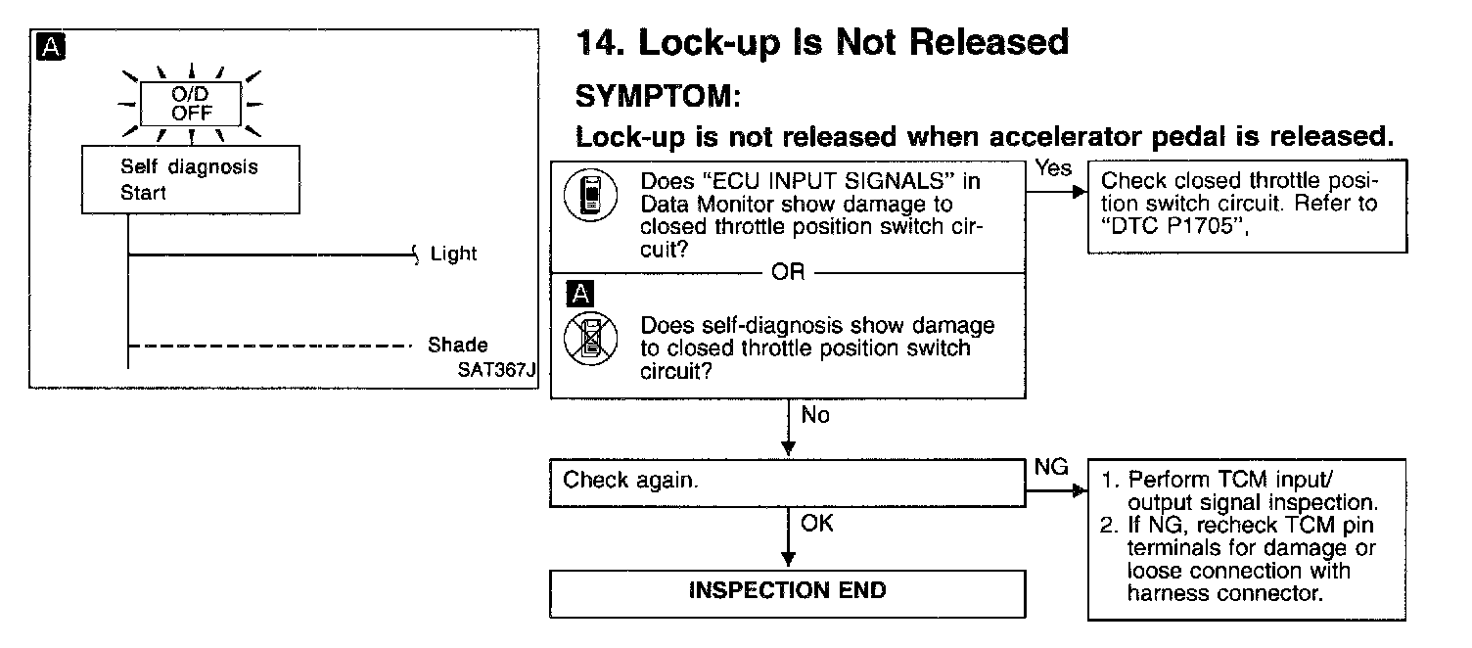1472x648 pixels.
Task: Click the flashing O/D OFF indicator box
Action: (x=192, y=103)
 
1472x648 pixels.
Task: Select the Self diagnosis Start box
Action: (x=190, y=180)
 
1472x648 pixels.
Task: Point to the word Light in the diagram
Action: (x=453, y=255)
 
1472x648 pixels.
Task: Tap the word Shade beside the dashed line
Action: (x=457, y=346)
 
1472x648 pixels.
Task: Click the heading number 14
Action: (x=594, y=43)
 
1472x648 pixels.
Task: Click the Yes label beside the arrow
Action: (x=1053, y=168)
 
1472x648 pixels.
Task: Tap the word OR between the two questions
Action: (x=788, y=273)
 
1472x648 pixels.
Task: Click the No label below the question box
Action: (x=815, y=415)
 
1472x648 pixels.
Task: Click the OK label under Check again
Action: (x=816, y=524)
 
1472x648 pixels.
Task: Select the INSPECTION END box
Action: (x=787, y=590)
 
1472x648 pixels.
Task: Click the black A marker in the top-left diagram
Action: (x=49, y=46)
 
